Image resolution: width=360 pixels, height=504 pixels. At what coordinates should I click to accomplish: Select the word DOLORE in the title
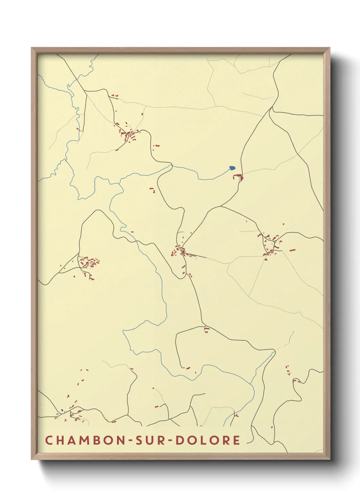[208, 440]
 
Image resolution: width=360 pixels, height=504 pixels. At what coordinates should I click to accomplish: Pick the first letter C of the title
[49, 440]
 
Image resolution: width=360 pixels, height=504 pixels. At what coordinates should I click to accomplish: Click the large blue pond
[232, 168]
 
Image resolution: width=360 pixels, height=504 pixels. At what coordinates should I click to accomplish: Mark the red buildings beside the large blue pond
[239, 177]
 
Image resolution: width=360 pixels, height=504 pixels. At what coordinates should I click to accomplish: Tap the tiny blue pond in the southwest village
[62, 410]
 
